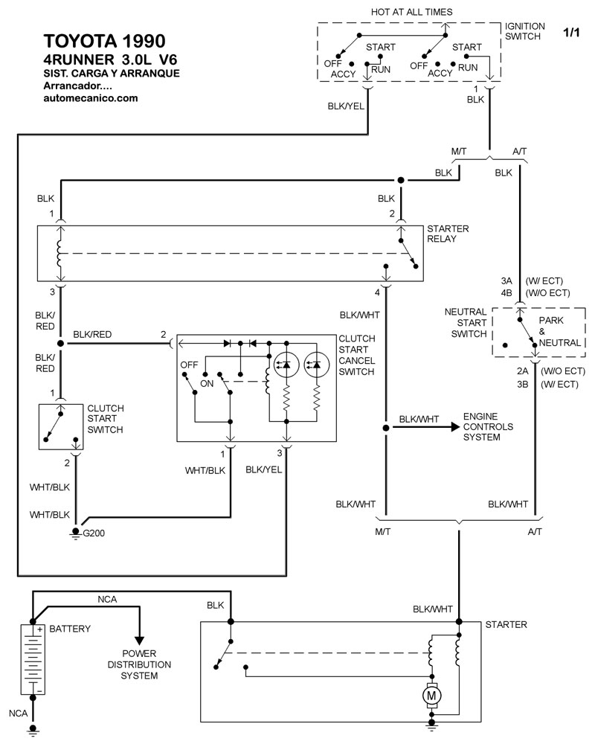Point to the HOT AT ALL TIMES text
(x=411, y=12)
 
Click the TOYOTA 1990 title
(x=100, y=41)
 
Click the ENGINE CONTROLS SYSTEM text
(x=488, y=427)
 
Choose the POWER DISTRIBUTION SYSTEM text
(x=139, y=664)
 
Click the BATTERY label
(x=70, y=629)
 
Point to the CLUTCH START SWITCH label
(x=106, y=419)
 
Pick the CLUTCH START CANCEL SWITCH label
(x=356, y=354)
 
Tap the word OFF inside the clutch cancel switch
(x=189, y=365)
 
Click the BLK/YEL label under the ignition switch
(x=346, y=106)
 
